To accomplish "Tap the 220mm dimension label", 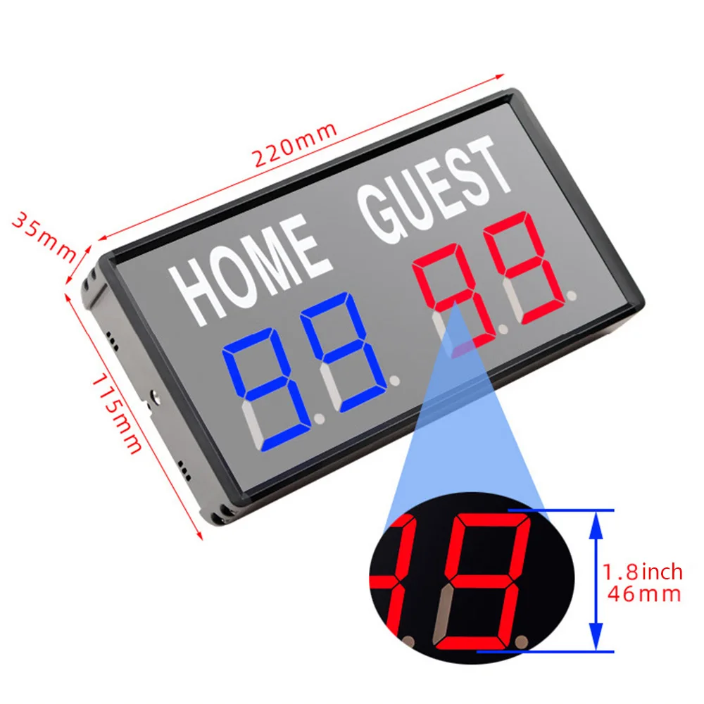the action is coord(296,145).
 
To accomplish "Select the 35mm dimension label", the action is coord(44,235).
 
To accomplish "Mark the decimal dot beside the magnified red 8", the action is coord(522,641).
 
